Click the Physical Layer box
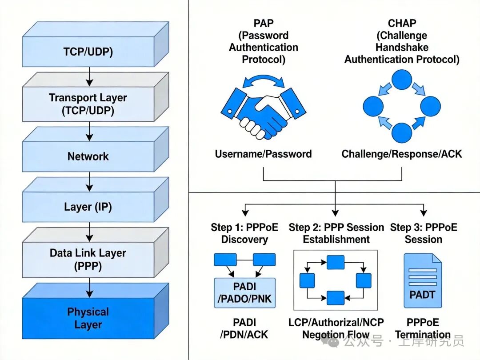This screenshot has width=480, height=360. tap(88, 318)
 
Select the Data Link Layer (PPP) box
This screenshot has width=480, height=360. tap(88, 259)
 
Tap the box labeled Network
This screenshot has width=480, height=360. tap(88, 156)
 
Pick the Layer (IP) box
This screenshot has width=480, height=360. tap(88, 207)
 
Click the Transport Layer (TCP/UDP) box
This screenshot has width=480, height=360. tap(88, 104)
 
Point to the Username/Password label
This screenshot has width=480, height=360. tap(263, 154)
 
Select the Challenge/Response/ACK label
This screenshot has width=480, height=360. tap(401, 154)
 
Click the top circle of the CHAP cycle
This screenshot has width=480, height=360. tap(401, 81)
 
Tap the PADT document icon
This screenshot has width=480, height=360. tap(422, 281)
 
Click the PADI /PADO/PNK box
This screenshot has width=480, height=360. tap(244, 293)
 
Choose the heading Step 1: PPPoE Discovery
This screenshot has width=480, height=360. tap(244, 233)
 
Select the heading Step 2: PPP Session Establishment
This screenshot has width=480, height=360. tap(336, 233)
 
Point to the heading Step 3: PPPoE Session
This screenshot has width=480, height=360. tap(423, 233)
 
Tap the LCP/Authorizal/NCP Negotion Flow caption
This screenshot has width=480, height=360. tap(336, 328)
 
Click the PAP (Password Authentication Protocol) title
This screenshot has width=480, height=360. tap(263, 41)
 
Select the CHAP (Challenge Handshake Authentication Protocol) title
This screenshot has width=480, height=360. tap(401, 41)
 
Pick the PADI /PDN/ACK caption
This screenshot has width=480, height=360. tap(244, 328)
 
